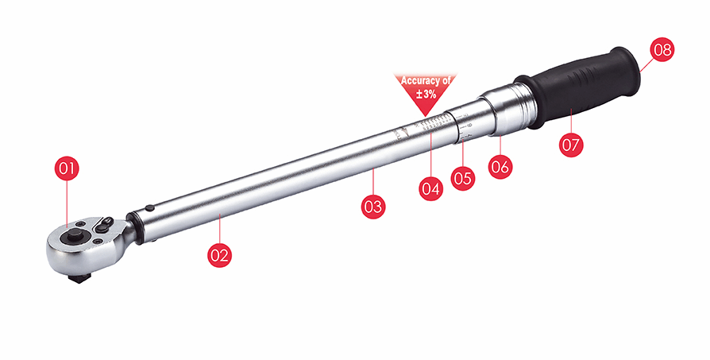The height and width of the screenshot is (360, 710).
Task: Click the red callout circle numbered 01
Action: (68, 168)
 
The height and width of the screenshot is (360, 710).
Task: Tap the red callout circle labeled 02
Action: (219, 255)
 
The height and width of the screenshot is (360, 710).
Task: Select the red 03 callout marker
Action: (372, 207)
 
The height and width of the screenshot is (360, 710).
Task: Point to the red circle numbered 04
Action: (430, 189)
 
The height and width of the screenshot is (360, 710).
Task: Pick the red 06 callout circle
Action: (500, 166)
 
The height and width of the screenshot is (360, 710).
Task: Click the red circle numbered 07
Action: (571, 144)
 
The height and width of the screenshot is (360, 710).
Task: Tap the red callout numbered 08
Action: (662, 50)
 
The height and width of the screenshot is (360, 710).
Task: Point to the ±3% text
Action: (426, 94)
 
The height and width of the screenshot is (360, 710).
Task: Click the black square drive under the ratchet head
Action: (77, 277)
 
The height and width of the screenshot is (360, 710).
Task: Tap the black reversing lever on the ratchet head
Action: (102, 226)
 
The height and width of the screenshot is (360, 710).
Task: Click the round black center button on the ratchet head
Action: (78, 236)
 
